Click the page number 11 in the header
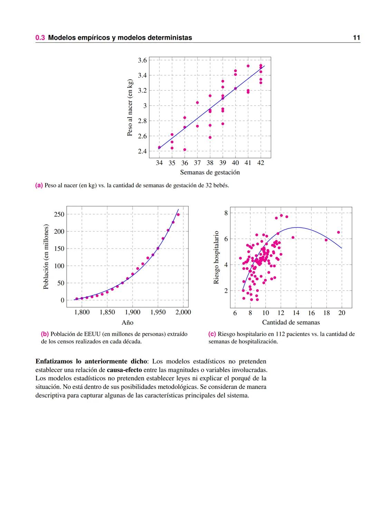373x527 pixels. pyautogui.click(x=356, y=38)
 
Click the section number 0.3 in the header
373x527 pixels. pyautogui.click(x=40, y=38)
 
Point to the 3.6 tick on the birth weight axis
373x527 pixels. pyautogui.click(x=142, y=60)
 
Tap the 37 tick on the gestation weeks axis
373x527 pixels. pyautogui.click(x=197, y=163)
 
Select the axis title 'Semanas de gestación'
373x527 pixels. pyautogui.click(x=210, y=172)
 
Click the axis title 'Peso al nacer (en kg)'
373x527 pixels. pyautogui.click(x=130, y=108)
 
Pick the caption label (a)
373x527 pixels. pyautogui.click(x=39, y=185)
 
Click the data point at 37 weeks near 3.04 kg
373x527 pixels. pyautogui.click(x=197, y=103)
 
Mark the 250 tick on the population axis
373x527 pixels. pyautogui.click(x=59, y=214)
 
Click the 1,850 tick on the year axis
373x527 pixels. pyautogui.click(x=107, y=312)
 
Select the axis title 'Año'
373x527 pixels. pyautogui.click(x=127, y=323)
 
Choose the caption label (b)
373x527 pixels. pyautogui.click(x=45, y=334)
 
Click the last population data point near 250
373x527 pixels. pyautogui.click(x=178, y=214)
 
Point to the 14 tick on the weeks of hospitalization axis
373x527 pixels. pyautogui.click(x=296, y=313)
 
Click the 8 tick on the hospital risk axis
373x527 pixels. pyautogui.click(x=226, y=213)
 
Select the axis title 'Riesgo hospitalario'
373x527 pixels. pyautogui.click(x=216, y=257)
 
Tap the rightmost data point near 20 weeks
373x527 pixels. pyautogui.click(x=338, y=232)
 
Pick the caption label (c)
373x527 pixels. pyautogui.click(x=212, y=334)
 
